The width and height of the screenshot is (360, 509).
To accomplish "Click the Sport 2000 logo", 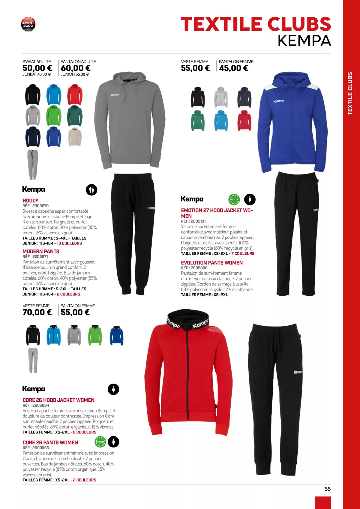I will point(28,24).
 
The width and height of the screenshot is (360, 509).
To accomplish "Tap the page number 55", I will point(327,489).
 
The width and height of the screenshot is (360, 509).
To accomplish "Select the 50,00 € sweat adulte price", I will point(37,68).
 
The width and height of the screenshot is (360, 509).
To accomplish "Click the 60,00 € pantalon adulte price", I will point(76,68).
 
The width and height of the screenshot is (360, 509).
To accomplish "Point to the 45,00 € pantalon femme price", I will point(233,68).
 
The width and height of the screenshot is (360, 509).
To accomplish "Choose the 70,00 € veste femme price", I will point(37,312).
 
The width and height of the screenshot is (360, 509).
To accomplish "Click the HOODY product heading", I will point(31,200).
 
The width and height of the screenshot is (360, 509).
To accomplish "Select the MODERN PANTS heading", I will point(41,251).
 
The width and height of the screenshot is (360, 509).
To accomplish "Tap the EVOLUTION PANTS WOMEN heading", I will point(212,263).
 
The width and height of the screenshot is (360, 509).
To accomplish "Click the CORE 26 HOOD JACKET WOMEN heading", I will point(58,400).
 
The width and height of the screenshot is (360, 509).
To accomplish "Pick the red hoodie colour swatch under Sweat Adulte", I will point(75,95).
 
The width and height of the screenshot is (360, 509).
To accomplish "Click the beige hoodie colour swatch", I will point(75,137).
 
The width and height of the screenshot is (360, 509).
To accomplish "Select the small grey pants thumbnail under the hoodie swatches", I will point(33,164).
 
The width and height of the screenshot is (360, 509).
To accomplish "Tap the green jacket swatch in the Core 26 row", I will point(95,335).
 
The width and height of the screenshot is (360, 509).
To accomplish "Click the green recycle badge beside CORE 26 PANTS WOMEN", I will point(100,442).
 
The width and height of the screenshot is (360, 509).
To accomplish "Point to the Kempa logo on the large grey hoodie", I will point(115,95).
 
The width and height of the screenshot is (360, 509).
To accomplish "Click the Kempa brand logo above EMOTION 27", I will point(192,199).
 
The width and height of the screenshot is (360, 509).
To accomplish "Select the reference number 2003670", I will point(40,206).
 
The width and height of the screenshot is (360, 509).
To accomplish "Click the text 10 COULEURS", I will point(69,243).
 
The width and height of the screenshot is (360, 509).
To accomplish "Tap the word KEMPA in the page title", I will point(304,41).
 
